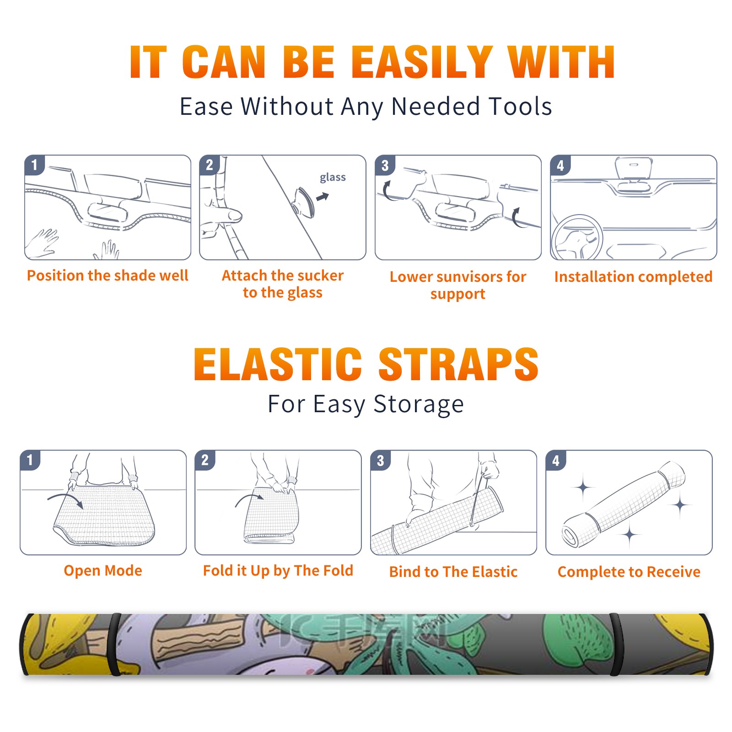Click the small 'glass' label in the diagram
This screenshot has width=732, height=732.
point(333,178)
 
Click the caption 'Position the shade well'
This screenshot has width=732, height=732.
point(108,275)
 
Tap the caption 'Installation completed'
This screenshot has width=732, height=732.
point(633,277)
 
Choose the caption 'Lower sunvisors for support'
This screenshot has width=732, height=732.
point(458,285)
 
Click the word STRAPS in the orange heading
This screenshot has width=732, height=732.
point(458,364)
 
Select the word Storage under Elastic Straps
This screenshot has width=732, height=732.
point(419,404)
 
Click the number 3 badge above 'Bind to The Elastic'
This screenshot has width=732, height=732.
point(381,460)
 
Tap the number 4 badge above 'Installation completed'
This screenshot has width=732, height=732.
point(560,165)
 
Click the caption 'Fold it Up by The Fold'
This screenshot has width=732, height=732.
point(278,571)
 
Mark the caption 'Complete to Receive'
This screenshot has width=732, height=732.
point(629,572)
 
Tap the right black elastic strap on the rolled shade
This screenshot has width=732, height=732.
point(616,645)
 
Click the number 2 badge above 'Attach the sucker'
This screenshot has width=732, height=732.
point(210,165)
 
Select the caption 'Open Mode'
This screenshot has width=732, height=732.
point(103,571)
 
